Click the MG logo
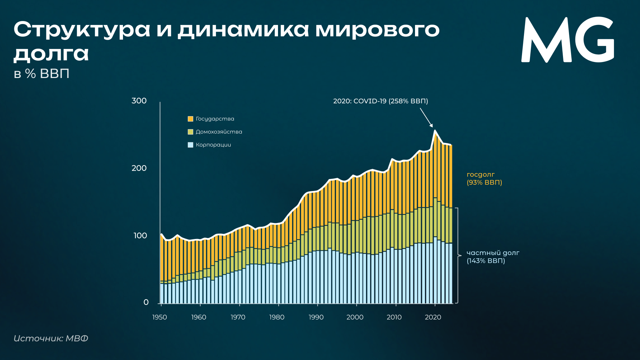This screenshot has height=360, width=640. pos(567,40)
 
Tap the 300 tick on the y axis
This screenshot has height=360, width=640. pos(139,101)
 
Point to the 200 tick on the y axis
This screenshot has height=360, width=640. pos(139,168)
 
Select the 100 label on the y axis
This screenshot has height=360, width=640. pos(140,236)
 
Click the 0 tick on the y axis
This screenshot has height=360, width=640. pos(146,302)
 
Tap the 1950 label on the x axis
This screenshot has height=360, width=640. pos(160,317)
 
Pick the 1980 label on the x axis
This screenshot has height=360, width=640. pos(277,317)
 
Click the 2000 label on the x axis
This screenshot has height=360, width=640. pos(355,317)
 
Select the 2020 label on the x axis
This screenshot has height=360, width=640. pos(433,317)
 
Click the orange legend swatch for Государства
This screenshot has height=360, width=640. pos(191,119)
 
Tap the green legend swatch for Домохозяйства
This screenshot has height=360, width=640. pos(191,132)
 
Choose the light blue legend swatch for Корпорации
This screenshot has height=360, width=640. pos(191,145)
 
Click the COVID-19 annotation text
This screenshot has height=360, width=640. pos(381,101)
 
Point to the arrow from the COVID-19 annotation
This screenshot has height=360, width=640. pos(426,118)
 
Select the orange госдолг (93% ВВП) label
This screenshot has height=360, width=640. pos(484,178)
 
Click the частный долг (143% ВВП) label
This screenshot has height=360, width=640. pos(493,257)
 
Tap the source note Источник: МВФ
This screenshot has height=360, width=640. pos(51,338)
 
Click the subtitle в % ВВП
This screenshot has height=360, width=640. pos(42,74)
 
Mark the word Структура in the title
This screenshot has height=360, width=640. pos(82,30)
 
